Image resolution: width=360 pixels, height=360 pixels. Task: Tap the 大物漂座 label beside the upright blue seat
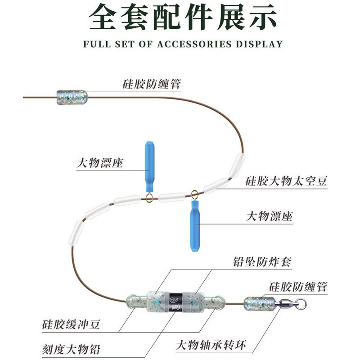tap(100, 163)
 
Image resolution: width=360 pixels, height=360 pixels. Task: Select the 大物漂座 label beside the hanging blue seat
tap(269, 216)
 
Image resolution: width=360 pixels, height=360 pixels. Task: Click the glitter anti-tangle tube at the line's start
tap(71, 97)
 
